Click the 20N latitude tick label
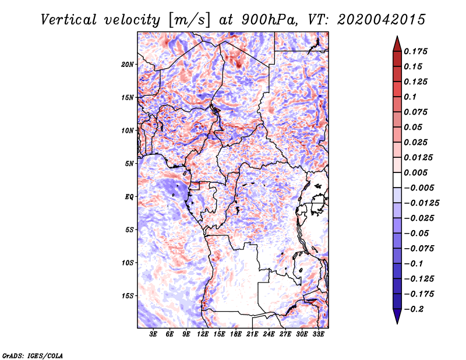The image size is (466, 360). [127, 64]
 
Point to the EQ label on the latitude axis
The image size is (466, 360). [129, 196]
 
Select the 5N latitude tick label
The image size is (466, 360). [129, 164]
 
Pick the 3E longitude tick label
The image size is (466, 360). [153, 334]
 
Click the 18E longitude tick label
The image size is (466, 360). [236, 334]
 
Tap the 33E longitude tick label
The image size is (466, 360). [318, 334]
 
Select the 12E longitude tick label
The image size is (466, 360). [203, 334]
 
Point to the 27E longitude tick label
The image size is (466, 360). [285, 334]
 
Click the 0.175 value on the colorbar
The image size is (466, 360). [415, 51]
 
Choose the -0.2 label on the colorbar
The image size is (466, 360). [414, 309]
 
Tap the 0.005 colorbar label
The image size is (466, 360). [415, 172]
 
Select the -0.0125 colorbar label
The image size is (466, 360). [421, 203]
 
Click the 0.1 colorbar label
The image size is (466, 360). [410, 97]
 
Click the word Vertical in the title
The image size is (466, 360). [69, 20]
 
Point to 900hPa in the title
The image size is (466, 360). [269, 20]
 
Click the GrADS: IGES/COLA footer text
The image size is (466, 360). [33, 355]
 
